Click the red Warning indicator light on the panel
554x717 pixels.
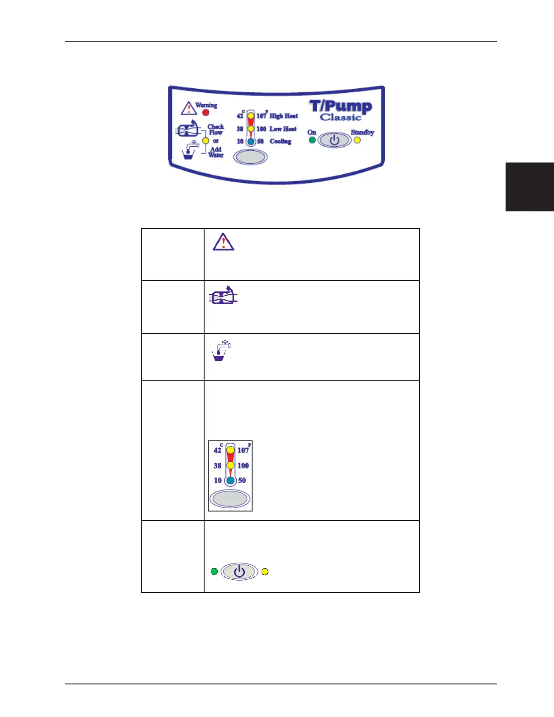pyautogui.click(x=205, y=112)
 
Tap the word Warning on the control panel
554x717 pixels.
pyautogui.click(x=206, y=105)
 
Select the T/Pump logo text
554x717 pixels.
pyautogui.click(x=341, y=106)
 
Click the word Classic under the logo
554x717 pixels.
pyautogui.click(x=341, y=118)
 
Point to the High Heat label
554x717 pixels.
pyautogui.click(x=284, y=116)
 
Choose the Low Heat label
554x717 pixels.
pyautogui.click(x=283, y=129)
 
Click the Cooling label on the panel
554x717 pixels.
pyautogui.click(x=281, y=141)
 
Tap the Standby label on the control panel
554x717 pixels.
pyautogui.click(x=363, y=133)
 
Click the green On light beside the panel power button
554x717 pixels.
pyautogui.click(x=312, y=140)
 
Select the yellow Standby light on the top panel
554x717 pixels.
pyautogui.click(x=357, y=140)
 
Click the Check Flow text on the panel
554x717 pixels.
pyautogui.click(x=216, y=129)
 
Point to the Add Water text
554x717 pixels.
pyautogui.click(x=216, y=152)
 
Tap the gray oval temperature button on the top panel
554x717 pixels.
pyautogui.click(x=250, y=157)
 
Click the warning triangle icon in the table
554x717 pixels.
pyautogui.click(x=224, y=242)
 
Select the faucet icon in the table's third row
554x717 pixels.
pyautogui.click(x=221, y=351)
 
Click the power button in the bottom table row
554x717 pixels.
pyautogui.click(x=239, y=572)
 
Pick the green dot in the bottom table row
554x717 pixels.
pyautogui.click(x=215, y=571)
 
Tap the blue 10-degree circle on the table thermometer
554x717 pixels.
pyautogui.click(x=230, y=480)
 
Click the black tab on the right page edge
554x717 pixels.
pyautogui.click(x=530, y=187)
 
